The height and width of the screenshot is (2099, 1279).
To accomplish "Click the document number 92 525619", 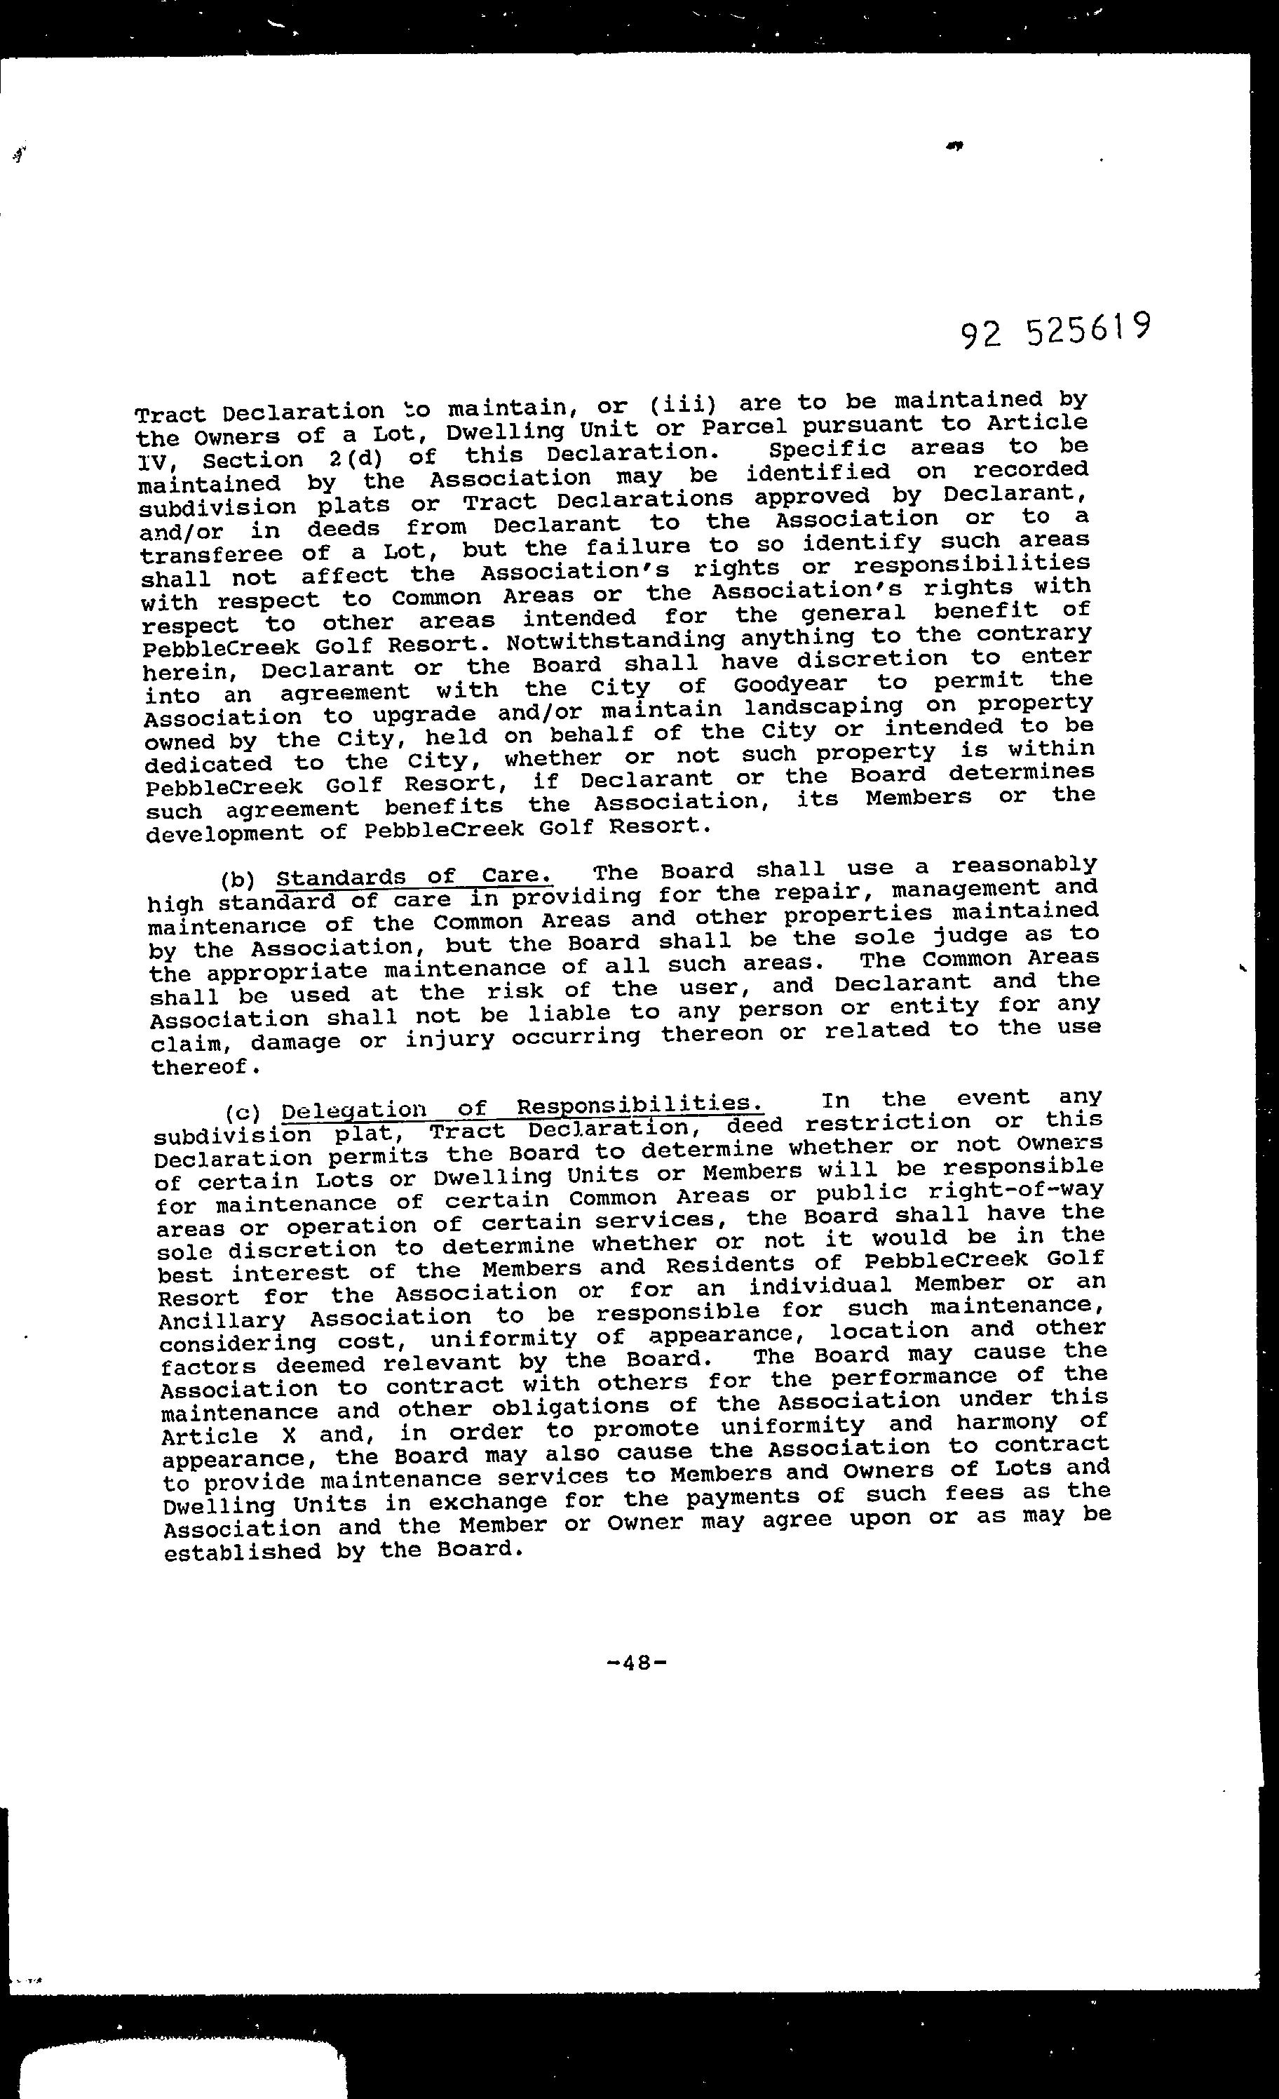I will click(x=1056, y=329).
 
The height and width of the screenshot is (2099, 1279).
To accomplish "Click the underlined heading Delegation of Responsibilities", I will click(x=521, y=1108).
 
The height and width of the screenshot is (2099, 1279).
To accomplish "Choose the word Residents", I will click(x=741, y=1264).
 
